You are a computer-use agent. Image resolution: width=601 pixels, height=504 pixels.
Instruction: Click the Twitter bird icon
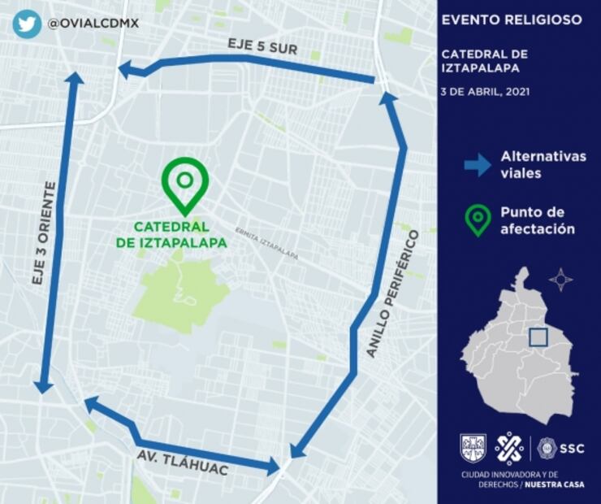point(27,24)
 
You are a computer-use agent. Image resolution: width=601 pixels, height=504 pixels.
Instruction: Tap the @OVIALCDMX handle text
point(93,24)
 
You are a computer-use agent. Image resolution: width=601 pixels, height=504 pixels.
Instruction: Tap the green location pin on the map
point(185,183)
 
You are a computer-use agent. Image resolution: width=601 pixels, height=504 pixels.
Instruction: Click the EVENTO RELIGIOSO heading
point(511,20)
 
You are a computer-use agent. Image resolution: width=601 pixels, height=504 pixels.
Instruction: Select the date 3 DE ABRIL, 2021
point(486,92)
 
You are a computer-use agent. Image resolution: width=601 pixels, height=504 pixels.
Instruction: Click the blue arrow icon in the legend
point(478,164)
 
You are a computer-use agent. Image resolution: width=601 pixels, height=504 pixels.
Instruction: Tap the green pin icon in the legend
point(478,220)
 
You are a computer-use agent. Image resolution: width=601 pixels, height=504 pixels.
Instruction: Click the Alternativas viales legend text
point(543,164)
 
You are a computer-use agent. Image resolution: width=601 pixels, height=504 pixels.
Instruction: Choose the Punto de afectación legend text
point(538,220)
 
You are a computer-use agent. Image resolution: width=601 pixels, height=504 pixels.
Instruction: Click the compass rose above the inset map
point(560,280)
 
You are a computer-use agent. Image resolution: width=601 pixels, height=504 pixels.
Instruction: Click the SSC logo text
point(572,448)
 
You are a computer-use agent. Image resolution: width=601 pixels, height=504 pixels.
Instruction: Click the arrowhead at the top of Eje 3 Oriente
point(74,79)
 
